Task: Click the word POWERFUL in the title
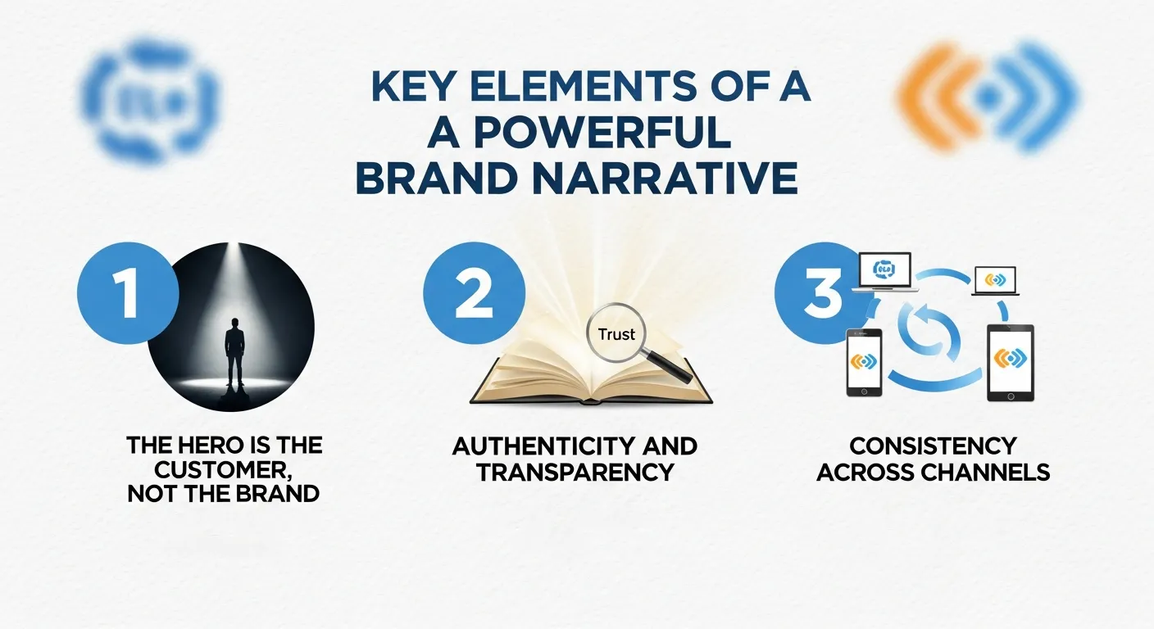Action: pos(596,134)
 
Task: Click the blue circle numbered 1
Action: pos(127,295)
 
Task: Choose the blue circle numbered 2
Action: pos(474,295)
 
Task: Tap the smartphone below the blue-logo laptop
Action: pos(863,362)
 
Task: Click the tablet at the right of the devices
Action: pos(1010,362)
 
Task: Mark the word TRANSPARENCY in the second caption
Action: pos(575,472)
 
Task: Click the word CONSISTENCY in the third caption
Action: pos(933,446)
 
